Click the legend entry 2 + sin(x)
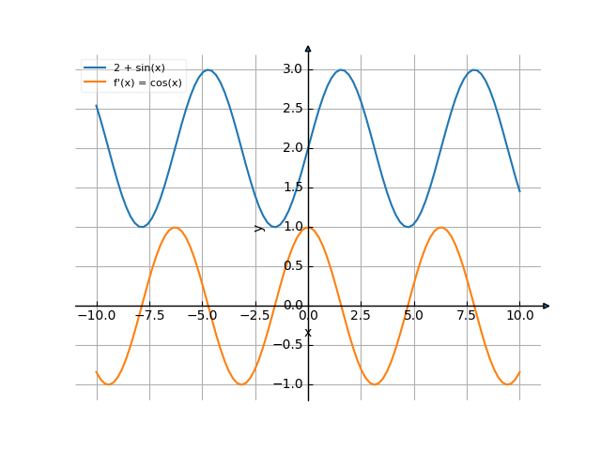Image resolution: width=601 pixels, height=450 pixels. click(138, 67)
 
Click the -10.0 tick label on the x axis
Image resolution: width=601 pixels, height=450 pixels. click(96, 316)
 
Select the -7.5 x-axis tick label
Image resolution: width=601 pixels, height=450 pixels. click(149, 316)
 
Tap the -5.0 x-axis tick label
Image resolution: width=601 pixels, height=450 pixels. click(202, 316)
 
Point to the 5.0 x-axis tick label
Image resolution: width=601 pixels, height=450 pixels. click(414, 316)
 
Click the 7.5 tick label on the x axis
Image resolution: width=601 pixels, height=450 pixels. click(467, 316)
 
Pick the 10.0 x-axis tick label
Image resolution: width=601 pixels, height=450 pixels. click(519, 316)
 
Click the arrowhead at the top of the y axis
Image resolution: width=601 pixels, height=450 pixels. click(308, 48)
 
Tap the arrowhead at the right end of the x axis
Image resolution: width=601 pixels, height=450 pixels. click(546, 306)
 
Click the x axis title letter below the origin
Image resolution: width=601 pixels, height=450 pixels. click(308, 332)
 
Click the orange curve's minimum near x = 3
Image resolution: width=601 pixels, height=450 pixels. click(375, 384)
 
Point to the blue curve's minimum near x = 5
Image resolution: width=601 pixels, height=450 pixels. click(408, 227)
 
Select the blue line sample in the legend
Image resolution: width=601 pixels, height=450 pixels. click(95, 67)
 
